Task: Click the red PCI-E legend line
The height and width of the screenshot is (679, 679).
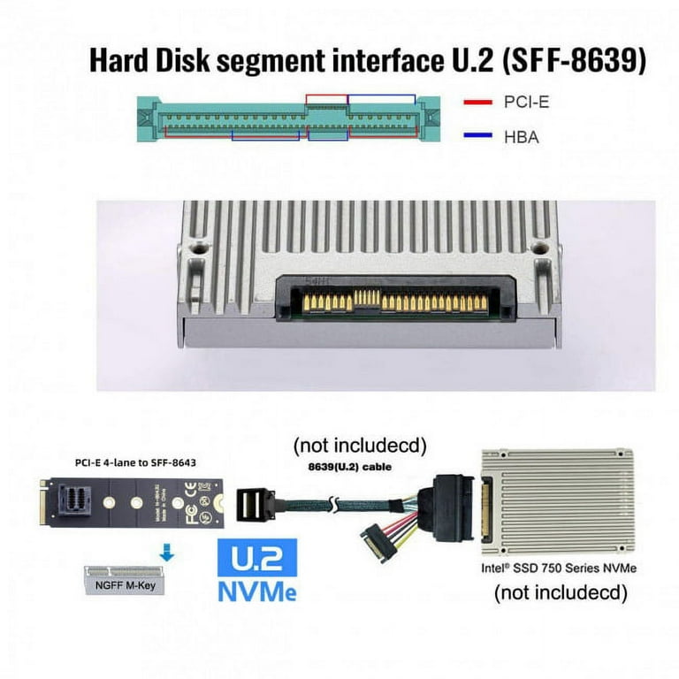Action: [477, 103]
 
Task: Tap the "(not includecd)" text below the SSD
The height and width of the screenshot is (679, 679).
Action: [560, 591]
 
